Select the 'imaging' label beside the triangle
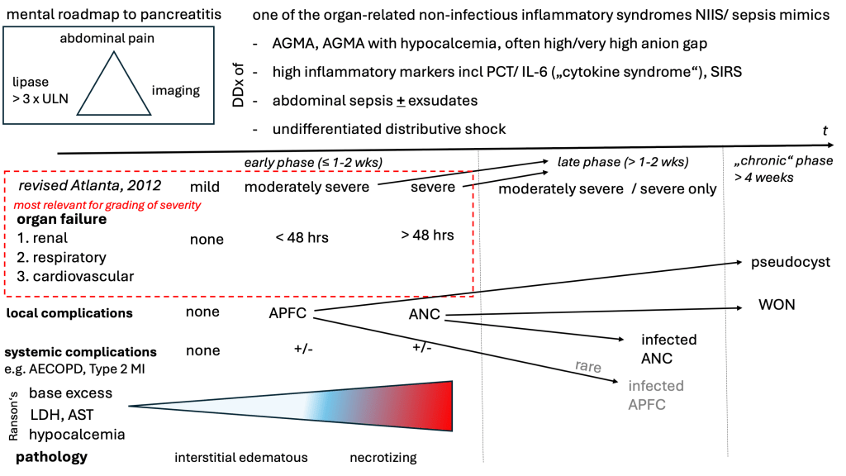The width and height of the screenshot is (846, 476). (x=175, y=90)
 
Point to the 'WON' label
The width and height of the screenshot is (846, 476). (x=776, y=305)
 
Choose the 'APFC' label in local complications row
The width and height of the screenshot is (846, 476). (x=288, y=313)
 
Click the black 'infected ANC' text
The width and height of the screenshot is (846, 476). (x=668, y=349)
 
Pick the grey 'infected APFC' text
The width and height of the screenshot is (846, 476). (x=655, y=395)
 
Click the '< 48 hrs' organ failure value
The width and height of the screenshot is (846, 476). (x=302, y=238)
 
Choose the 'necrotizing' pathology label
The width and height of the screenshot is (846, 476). (x=383, y=457)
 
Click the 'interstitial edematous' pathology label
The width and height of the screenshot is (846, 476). (x=240, y=457)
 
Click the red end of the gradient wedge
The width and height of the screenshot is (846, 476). (x=442, y=406)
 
